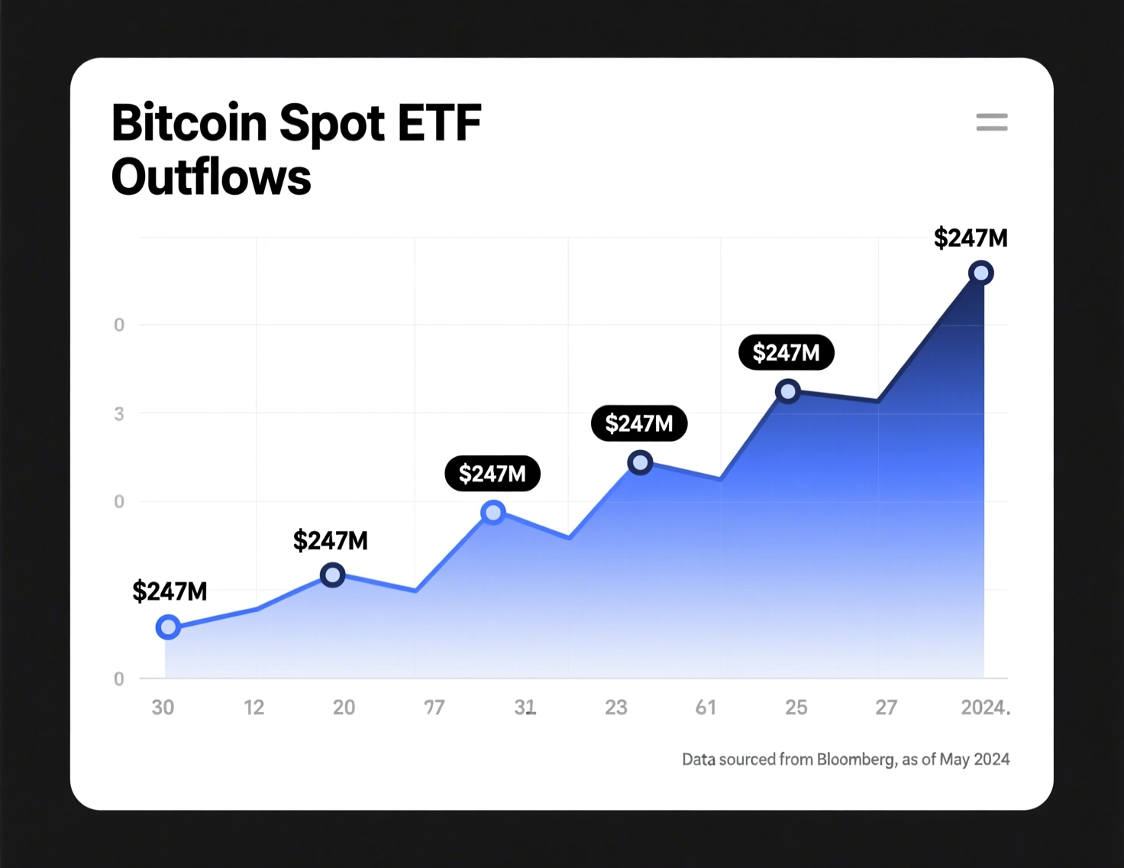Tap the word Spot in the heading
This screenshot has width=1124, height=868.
click(x=332, y=124)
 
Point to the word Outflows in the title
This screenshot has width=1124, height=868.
click(x=211, y=177)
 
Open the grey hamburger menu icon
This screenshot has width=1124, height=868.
click(x=991, y=122)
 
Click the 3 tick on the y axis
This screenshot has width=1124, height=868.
click(x=119, y=414)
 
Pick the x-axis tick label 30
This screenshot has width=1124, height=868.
click(x=163, y=708)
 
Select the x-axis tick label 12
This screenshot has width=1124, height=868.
click(x=254, y=708)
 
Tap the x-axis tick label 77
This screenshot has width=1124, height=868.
click(x=434, y=708)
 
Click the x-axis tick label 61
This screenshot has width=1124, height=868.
click(x=706, y=708)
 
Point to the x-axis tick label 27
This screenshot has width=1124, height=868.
click(x=886, y=708)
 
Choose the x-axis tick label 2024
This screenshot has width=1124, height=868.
click(x=983, y=708)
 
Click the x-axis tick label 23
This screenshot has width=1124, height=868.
click(x=615, y=708)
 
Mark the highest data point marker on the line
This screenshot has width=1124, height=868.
click(x=980, y=273)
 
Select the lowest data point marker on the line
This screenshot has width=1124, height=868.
click(x=168, y=627)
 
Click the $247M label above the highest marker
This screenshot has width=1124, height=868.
click(x=971, y=238)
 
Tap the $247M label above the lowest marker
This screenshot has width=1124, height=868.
click(x=170, y=591)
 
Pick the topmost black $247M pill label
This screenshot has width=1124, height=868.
click(x=786, y=352)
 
